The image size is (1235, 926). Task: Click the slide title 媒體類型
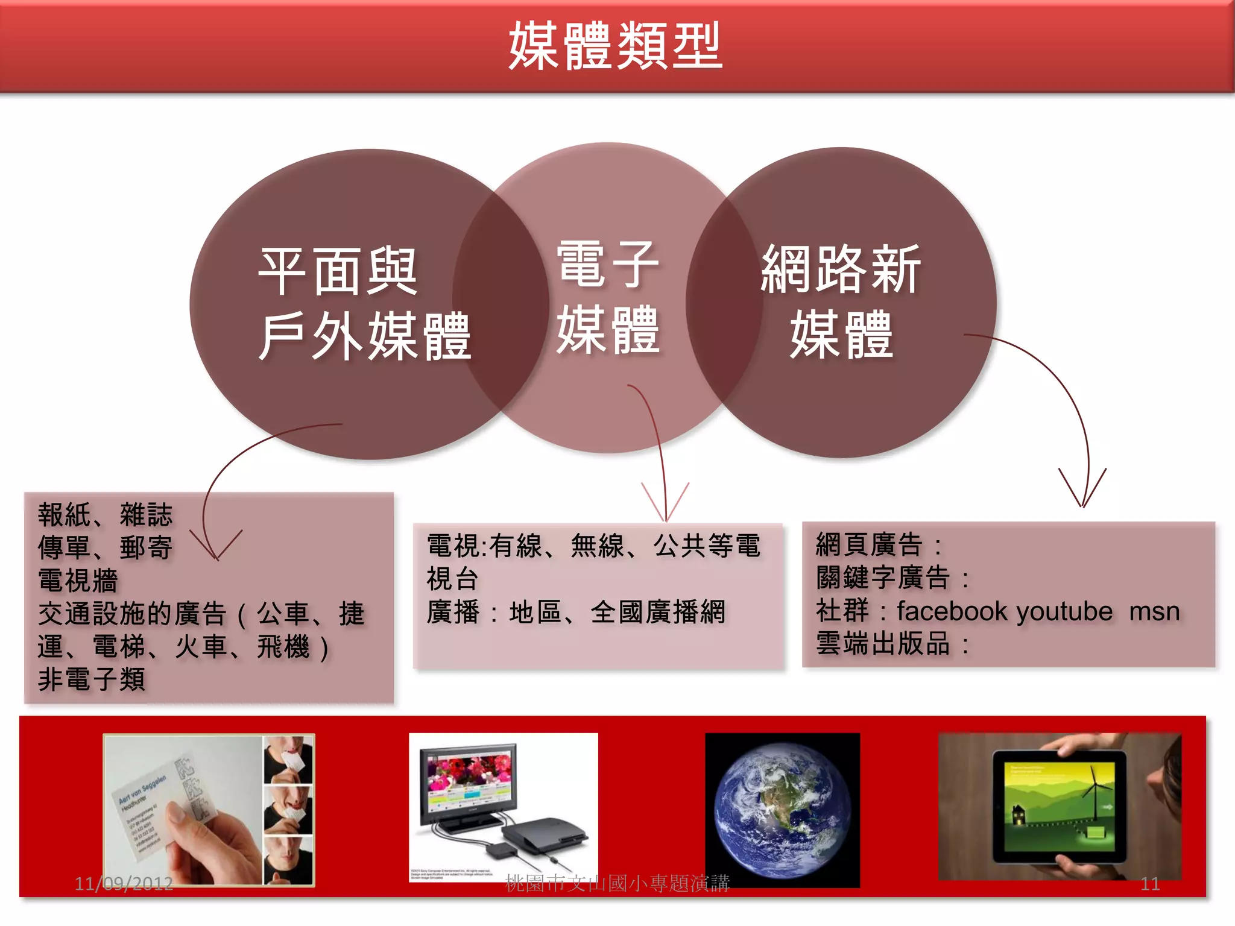(x=615, y=46)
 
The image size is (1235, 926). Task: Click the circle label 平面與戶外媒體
(x=364, y=304)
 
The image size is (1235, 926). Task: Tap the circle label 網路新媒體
(x=841, y=301)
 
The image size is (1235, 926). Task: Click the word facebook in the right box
(x=952, y=611)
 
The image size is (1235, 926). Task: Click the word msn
(x=1154, y=611)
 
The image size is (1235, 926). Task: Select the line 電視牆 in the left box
(x=78, y=581)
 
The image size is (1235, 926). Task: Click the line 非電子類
(x=92, y=679)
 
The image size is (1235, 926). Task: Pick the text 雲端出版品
(x=883, y=644)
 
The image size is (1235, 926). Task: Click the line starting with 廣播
(x=576, y=612)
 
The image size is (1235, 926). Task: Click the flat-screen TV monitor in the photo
(x=469, y=784)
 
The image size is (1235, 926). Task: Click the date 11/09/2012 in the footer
(x=124, y=884)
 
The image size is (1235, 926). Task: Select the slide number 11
(x=1150, y=884)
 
